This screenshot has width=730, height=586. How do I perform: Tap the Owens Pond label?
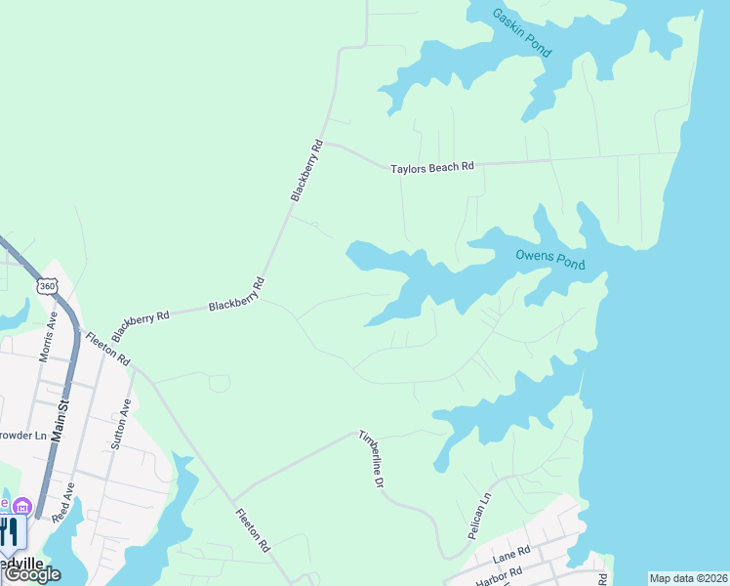550,259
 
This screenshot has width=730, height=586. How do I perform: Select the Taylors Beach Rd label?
431,168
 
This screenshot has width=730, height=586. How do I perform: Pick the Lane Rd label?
510,555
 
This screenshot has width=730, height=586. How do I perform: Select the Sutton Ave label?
121,423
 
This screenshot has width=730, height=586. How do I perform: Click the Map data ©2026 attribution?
688,578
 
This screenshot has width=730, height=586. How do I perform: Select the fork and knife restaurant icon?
10,532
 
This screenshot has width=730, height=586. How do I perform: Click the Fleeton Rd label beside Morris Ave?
107,348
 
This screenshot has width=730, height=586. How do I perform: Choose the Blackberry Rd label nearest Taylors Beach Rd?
306,171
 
